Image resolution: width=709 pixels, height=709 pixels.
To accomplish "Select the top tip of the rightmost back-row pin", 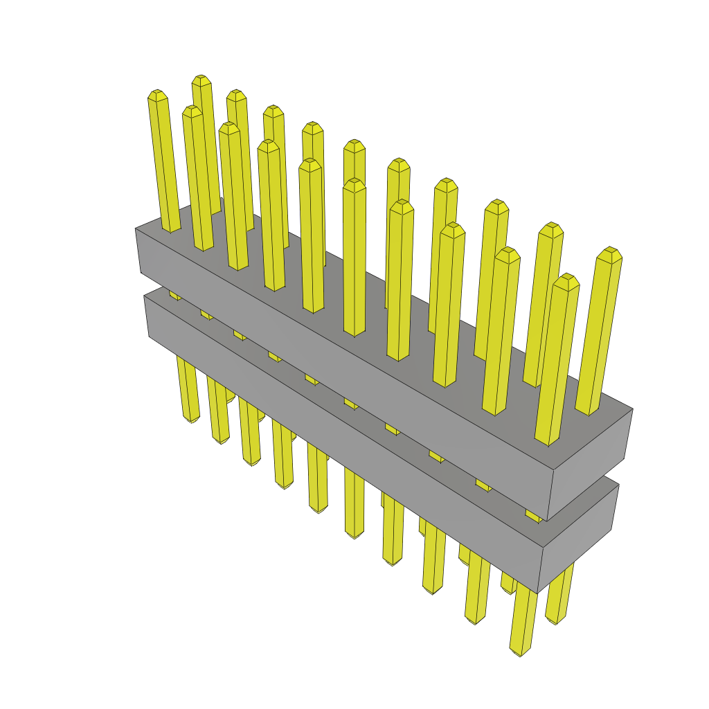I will pyautogui.click(x=610, y=251).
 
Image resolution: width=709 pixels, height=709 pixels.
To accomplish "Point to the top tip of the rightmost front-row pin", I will pyautogui.click(x=567, y=278).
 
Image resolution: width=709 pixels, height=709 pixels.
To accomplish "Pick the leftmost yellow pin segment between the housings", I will pyautogui.click(x=175, y=296).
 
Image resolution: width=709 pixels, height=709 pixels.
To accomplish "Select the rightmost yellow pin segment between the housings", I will pyautogui.click(x=533, y=516).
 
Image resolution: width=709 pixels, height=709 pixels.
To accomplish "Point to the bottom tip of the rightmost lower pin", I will pyautogui.click(x=554, y=621).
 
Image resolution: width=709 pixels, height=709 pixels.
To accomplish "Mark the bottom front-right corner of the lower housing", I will pyautogui.click(x=538, y=593).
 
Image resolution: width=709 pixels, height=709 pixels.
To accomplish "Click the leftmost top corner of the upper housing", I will pyautogui.click(x=136, y=229).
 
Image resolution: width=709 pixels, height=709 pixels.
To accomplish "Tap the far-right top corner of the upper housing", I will pyautogui.click(x=632, y=409).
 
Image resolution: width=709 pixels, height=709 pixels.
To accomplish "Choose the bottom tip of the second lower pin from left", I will pyautogui.click(x=220, y=440).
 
